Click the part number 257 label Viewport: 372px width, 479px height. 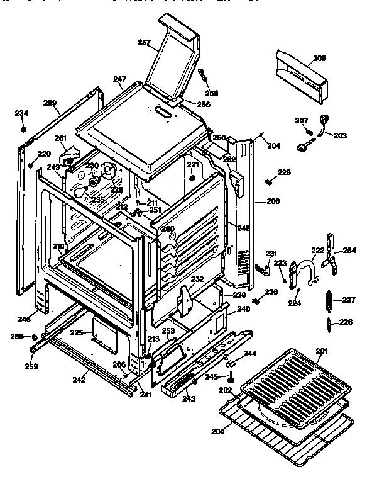pos(144,43)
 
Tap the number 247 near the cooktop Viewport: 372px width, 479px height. pos(119,79)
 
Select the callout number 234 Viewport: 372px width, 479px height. pos(21,113)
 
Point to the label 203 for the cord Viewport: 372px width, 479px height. pos(340,135)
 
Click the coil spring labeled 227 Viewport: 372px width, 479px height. pos(328,301)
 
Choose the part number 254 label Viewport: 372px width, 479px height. pos(349,251)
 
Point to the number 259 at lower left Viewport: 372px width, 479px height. pos(31,366)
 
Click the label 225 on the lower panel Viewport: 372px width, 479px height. pos(77,332)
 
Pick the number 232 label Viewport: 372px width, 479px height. pos(197,279)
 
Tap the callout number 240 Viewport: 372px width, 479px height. pos(243,309)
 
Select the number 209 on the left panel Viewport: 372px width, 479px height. pos(50,102)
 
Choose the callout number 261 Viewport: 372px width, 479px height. pos(60,138)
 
